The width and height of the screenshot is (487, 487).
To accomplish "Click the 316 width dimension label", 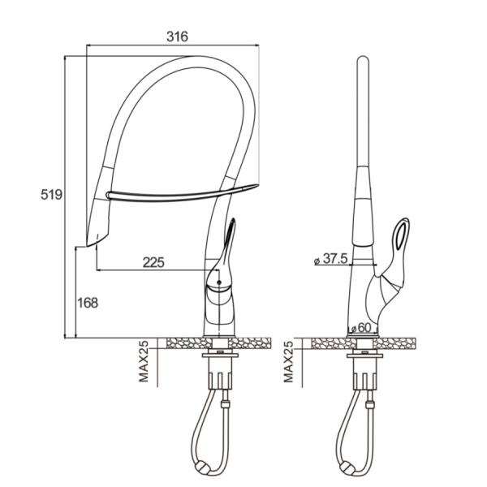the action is [x=177, y=37].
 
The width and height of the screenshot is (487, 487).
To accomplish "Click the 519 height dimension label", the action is [x=52, y=195].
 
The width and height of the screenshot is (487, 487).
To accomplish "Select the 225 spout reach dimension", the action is [x=153, y=263].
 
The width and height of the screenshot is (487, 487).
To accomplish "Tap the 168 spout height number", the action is [x=88, y=303].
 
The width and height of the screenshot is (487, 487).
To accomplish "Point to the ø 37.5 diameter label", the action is [x=331, y=258].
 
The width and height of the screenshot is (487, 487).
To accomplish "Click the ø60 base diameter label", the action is [x=361, y=328].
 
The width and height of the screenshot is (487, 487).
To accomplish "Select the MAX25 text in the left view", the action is [x=144, y=361].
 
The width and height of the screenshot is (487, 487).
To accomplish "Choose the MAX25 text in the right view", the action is [x=288, y=361].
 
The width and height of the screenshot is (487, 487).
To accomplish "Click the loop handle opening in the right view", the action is [x=401, y=234].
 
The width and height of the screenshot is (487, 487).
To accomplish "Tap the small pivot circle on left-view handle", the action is [x=219, y=282].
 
